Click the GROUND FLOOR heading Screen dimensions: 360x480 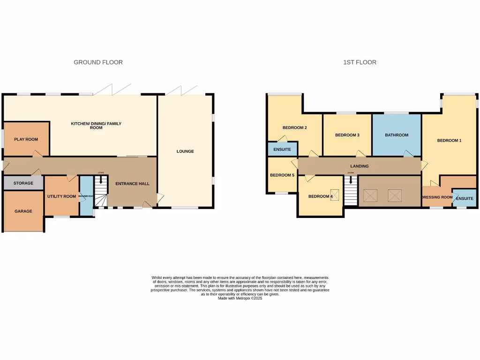(98, 62)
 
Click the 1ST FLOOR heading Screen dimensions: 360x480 (359, 62)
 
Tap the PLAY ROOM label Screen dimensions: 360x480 (26, 139)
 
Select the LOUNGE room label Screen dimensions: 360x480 (185, 151)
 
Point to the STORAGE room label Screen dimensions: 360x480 (23, 183)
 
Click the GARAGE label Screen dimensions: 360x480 (23, 211)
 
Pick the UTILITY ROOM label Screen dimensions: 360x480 (61, 196)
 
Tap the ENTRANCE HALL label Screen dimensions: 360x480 (133, 184)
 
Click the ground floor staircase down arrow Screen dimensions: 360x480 (101, 179)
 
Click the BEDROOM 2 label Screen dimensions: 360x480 (295, 127)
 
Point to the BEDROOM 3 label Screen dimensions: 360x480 (347, 135)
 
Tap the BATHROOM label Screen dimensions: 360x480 (397, 135)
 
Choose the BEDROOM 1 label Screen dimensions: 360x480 (450, 140)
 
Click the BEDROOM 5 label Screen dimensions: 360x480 (282, 175)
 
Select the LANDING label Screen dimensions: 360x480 (360, 166)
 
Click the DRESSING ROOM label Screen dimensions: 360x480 (437, 197)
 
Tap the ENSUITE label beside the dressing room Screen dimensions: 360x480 (465, 199)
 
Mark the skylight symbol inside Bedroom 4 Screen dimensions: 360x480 (335, 194)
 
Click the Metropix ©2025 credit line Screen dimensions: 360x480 (240, 298)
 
